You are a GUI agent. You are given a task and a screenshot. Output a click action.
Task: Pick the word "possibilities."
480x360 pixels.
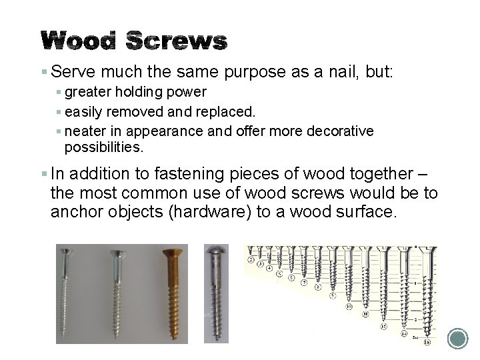tap(104, 146)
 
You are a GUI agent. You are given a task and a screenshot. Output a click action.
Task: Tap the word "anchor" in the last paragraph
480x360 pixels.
tap(75, 213)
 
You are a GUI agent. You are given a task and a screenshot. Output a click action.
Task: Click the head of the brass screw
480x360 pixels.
tap(173, 255)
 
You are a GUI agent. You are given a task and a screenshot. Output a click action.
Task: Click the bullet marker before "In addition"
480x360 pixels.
tap(44, 175)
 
